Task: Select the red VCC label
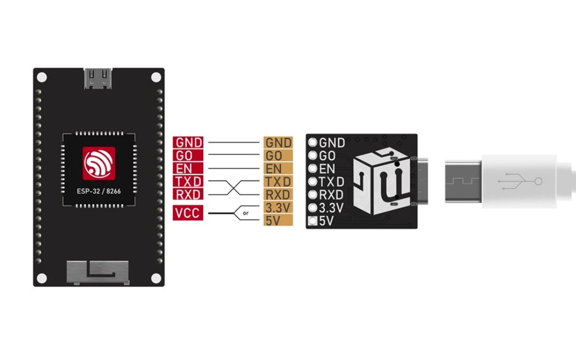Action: coord(187,213)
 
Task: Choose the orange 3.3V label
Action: coord(277,207)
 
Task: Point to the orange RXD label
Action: coord(278,194)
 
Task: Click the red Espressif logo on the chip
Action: coord(99,163)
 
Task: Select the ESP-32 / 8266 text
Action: coord(99,190)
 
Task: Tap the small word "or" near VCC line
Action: coord(246,213)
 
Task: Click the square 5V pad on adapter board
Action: coord(313,221)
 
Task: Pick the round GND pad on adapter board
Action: coord(313,143)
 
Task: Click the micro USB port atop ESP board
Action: coord(99,78)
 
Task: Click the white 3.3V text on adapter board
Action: coord(331,207)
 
